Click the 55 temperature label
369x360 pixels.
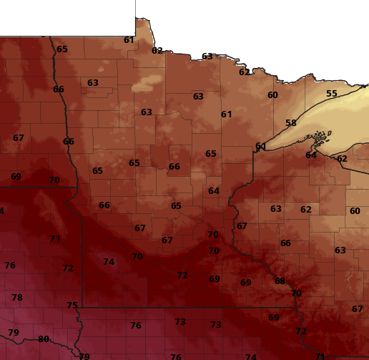(x=331, y=94)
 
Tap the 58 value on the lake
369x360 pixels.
(x=291, y=123)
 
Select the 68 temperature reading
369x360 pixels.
(x=280, y=281)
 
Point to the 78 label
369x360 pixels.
(x=17, y=298)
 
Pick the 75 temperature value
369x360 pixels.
(x=72, y=306)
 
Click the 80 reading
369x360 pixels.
(x=44, y=339)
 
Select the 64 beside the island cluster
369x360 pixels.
(x=311, y=155)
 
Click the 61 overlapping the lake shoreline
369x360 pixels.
(x=260, y=147)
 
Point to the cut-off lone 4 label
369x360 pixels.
(x=2, y=211)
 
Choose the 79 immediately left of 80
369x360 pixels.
(x=14, y=333)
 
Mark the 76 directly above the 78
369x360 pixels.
(x=10, y=266)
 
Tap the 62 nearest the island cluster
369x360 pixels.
(x=342, y=159)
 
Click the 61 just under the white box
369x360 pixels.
(x=129, y=40)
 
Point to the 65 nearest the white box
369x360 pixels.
(x=62, y=49)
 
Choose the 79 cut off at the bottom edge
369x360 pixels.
(x=84, y=356)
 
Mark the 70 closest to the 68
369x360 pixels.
(x=296, y=293)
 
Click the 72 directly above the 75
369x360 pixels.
(x=68, y=268)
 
